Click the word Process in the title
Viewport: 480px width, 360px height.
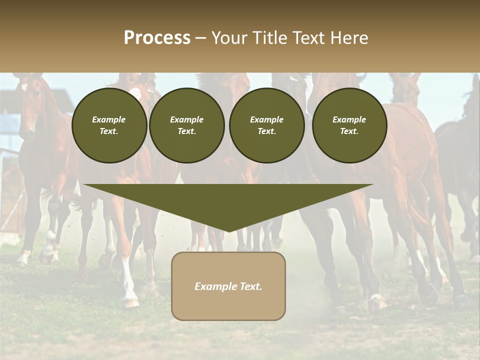tap(157, 38)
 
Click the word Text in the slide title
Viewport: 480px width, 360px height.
tap(310, 38)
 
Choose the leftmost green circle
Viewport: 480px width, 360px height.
tap(109, 125)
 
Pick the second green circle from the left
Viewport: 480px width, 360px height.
tap(187, 125)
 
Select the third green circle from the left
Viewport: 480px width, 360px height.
tap(266, 125)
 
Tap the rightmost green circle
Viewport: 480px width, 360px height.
tap(349, 125)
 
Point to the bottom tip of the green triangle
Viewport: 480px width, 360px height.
tap(228, 231)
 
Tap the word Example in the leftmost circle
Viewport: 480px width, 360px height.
tap(109, 119)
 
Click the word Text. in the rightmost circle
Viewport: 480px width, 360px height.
tap(349, 131)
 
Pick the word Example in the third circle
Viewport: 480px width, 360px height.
tap(266, 119)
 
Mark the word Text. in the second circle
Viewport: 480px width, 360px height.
tap(187, 131)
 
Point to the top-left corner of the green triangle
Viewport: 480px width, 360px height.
tap(84, 184)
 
